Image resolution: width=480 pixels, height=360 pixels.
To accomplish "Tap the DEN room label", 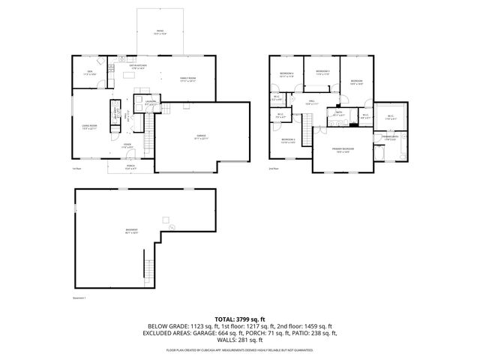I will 88,73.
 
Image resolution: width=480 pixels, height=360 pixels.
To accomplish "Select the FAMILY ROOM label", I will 187,79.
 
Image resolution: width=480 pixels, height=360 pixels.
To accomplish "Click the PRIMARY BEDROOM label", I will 342,150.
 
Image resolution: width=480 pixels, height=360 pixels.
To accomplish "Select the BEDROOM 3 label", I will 322,73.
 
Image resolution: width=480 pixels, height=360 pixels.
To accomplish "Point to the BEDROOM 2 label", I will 288,140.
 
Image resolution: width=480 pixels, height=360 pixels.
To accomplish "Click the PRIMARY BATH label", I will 391,138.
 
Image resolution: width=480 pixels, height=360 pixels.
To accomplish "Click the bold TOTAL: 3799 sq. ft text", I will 239,318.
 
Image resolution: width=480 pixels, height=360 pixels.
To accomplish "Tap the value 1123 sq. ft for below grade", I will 197,326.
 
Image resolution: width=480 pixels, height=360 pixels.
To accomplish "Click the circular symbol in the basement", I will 170,226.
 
